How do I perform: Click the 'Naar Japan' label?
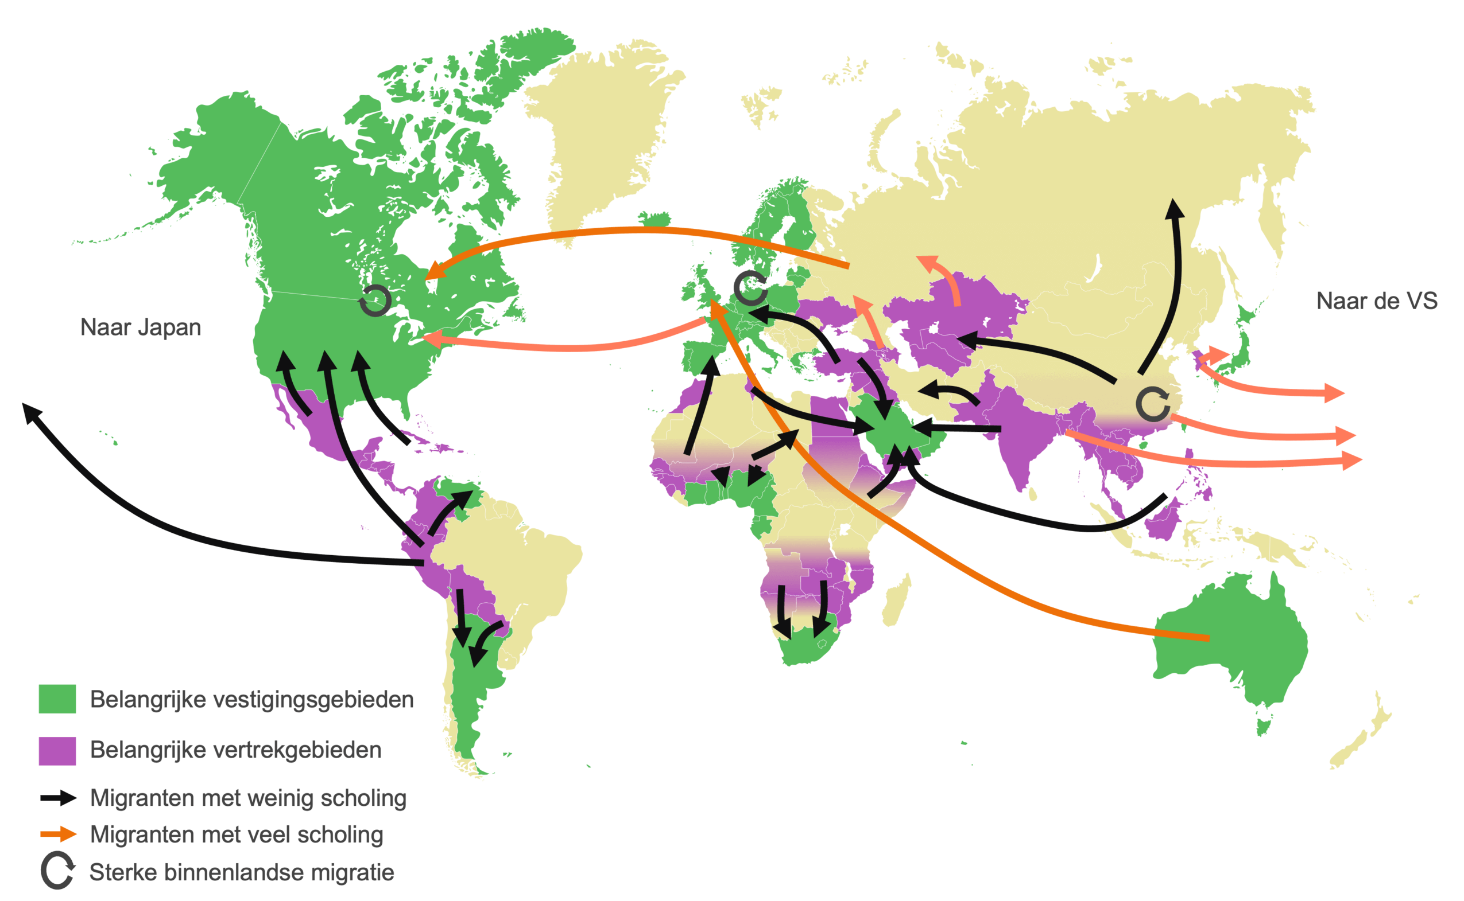pyautogui.click(x=141, y=327)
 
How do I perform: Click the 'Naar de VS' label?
pyautogui.click(x=1376, y=301)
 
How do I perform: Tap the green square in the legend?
pyautogui.click(x=57, y=699)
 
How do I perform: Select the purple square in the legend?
pyautogui.click(x=57, y=750)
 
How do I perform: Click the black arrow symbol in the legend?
pyautogui.click(x=59, y=798)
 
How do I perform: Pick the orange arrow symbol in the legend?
pyautogui.click(x=59, y=834)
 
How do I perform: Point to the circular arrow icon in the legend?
pyautogui.click(x=57, y=871)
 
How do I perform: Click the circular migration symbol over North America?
pyautogui.click(x=374, y=301)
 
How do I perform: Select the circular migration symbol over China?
pyautogui.click(x=1152, y=403)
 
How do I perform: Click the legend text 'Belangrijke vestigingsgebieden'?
pyautogui.click(x=251, y=699)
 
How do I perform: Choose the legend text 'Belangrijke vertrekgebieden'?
pyautogui.click(x=235, y=750)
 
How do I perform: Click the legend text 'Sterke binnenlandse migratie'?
pyautogui.click(x=242, y=872)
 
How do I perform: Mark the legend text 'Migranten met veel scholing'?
pyautogui.click(x=236, y=834)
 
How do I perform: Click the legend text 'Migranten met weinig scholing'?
pyautogui.click(x=248, y=798)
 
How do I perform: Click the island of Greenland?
pyautogui.click(x=602, y=131)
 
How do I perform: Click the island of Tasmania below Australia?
pyautogui.click(x=1262, y=727)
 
